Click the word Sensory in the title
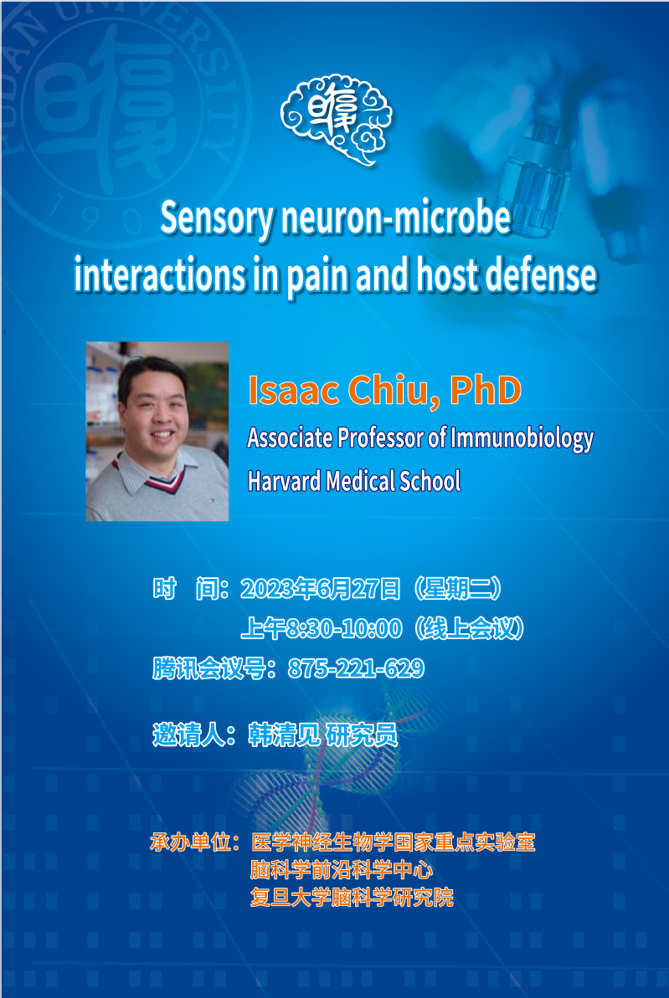[216, 218]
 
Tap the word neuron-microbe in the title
[396, 217]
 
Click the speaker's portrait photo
[157, 432]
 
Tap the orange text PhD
[486, 390]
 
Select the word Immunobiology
[522, 438]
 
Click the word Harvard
[284, 481]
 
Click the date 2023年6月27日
[321, 590]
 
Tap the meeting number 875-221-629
[356, 668]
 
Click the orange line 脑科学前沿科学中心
[342, 869]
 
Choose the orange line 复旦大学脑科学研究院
[352, 898]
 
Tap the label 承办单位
[191, 842]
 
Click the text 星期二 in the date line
[457, 590]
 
